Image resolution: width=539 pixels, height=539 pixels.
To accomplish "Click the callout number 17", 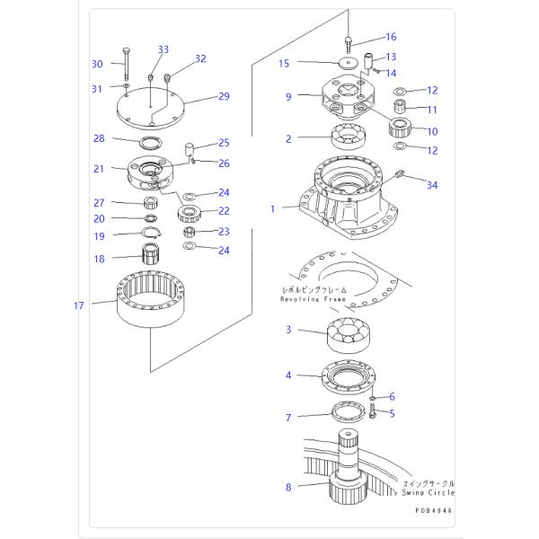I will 79,306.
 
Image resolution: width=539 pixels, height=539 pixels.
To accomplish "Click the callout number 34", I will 433,186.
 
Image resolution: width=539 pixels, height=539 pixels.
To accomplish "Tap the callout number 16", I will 390,37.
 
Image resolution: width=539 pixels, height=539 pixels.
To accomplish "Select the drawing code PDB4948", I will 433,509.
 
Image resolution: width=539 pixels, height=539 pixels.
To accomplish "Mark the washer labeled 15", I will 345,64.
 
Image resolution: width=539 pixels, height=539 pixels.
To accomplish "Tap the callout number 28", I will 99,138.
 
